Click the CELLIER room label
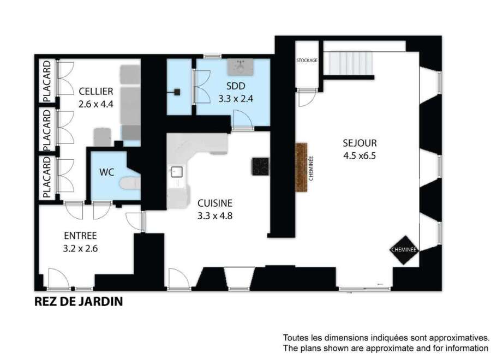96,92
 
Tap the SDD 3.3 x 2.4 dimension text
236,99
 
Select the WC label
107,172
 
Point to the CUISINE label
215,203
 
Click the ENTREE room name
80,236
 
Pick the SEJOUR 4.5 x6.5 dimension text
360,155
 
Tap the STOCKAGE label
307,60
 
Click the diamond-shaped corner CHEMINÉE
404,250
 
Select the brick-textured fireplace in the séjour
301,167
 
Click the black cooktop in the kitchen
260,166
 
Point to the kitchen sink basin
177,172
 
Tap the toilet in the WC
130,183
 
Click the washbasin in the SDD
240,67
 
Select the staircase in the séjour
349,63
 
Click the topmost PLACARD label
47,81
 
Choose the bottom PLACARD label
47,177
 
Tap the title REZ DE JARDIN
78,302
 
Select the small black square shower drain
177,92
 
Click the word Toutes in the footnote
294,338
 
